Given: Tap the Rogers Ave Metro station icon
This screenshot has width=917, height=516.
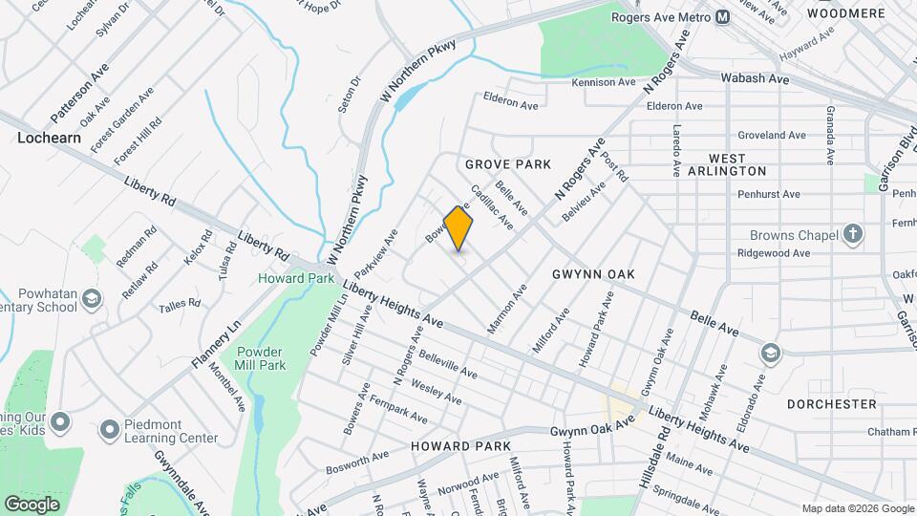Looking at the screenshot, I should (723, 16).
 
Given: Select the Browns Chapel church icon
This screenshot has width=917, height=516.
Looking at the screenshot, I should (853, 234).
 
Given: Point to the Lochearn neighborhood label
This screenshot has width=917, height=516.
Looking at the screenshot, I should (48, 138).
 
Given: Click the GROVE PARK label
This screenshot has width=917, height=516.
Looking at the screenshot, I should (508, 164).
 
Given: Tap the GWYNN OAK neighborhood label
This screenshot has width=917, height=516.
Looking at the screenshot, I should (593, 274).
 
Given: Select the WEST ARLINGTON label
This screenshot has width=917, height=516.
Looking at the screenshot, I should (737, 163).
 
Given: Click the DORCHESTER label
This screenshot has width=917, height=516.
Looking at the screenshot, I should (831, 404).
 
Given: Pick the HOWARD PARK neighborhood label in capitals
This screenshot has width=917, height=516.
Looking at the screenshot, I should (460, 446).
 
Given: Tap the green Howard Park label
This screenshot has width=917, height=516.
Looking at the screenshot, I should (296, 278).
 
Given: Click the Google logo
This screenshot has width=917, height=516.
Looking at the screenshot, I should (32, 504).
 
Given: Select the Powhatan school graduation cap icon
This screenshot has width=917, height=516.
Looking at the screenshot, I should (91, 299).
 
